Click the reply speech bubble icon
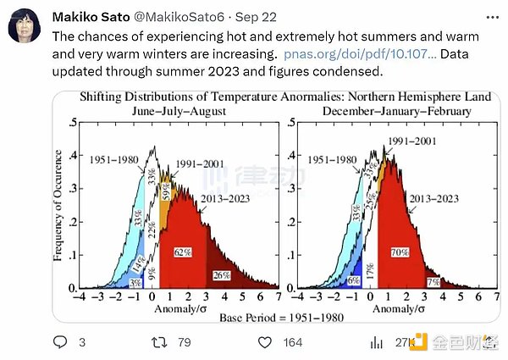pos(60,341)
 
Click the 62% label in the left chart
pos(183,252)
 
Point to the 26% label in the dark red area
pos(222,274)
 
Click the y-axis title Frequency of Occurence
pos(59,208)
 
